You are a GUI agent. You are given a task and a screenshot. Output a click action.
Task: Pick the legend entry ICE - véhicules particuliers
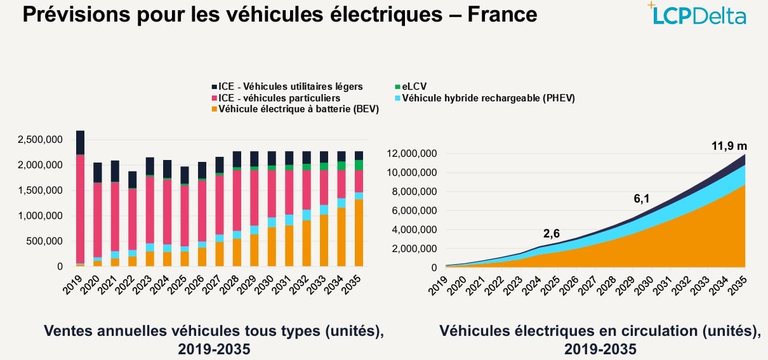[x=279, y=98]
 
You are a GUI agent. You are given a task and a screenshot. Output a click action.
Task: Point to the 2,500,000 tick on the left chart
[x=39, y=140]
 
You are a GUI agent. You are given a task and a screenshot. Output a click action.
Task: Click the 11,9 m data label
[x=729, y=146]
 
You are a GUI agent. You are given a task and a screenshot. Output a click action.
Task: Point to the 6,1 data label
[x=642, y=199]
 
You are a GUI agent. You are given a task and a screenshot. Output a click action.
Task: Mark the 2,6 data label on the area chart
[x=552, y=234]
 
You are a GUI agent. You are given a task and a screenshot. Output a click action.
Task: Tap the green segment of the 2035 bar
[x=359, y=165]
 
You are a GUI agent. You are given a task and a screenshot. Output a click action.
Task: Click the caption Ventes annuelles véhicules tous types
[x=214, y=331]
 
